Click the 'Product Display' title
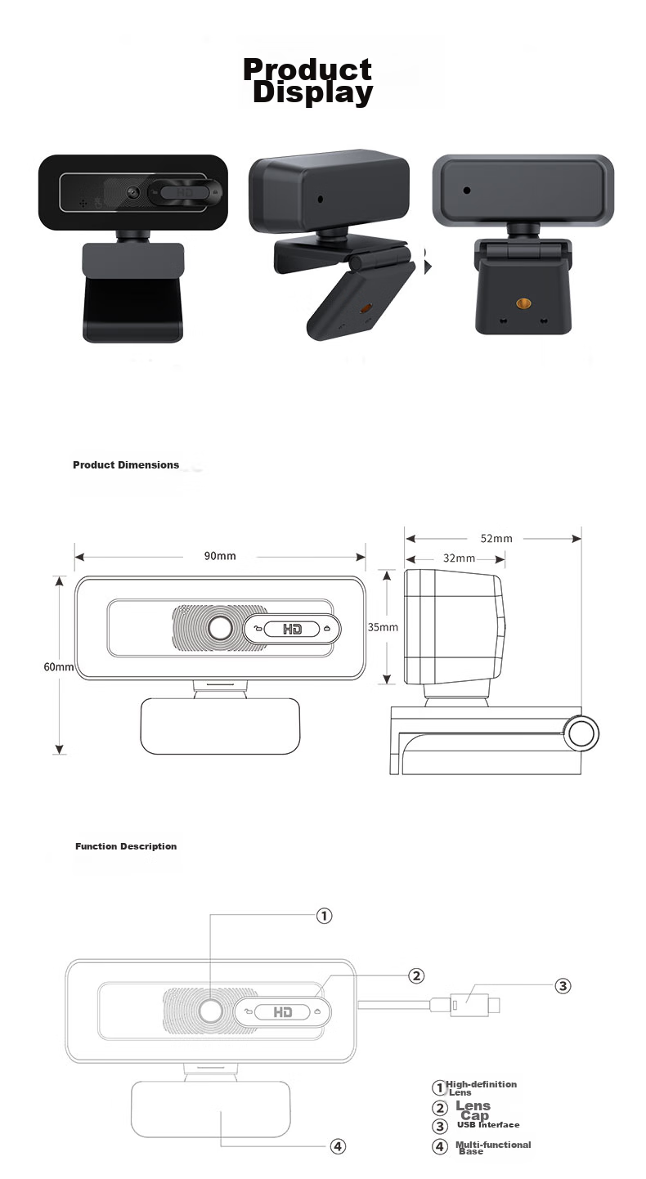308,81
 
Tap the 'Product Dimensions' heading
126,464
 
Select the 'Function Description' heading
126,846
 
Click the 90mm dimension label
220,556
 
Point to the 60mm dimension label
58,667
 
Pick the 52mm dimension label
496,539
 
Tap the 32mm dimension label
459,558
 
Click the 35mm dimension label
383,627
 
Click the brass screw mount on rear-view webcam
523,303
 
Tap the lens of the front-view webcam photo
132,191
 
